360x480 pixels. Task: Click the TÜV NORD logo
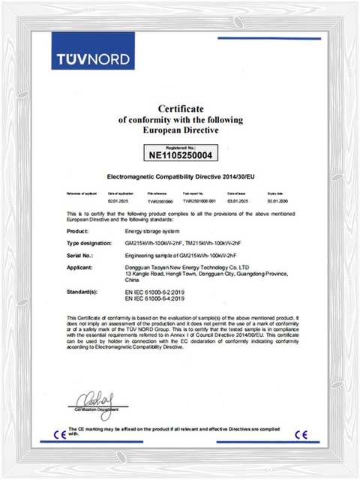(x=94, y=58)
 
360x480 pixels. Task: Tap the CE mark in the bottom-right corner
(x=301, y=433)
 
